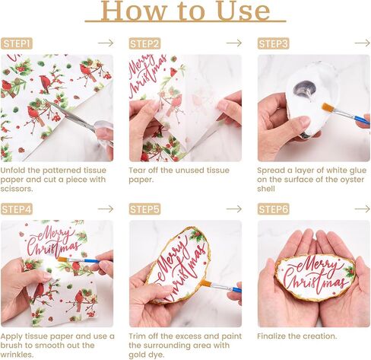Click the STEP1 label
(x=17, y=43)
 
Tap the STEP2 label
(x=144, y=43)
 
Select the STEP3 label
(x=273, y=43)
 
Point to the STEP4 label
(x=17, y=209)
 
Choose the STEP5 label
(x=144, y=209)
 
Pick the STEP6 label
(x=273, y=209)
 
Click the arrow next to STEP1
(x=106, y=43)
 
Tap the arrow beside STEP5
(x=234, y=209)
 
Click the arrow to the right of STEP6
(x=363, y=209)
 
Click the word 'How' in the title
(x=132, y=11)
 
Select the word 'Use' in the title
(x=244, y=11)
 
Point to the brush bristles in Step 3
(x=326, y=107)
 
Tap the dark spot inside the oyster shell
(x=304, y=88)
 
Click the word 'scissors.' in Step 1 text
(x=17, y=189)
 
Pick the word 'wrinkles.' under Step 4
(x=17, y=355)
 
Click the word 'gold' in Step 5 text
(x=137, y=355)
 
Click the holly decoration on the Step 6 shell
(x=350, y=272)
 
